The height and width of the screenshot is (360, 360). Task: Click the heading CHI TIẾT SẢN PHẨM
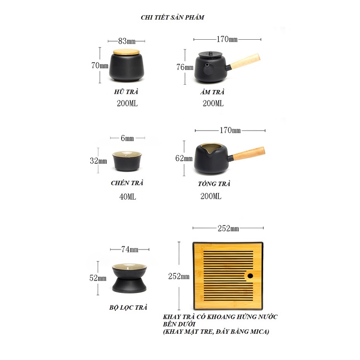[x=172, y=17]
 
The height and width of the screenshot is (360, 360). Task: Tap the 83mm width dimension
[x=127, y=41]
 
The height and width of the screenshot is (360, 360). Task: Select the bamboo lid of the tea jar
[x=126, y=52]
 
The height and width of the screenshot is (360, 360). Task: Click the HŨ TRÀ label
[x=126, y=92]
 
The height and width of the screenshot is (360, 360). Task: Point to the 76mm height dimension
[x=185, y=67]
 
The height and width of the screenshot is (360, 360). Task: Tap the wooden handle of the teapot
[x=245, y=61]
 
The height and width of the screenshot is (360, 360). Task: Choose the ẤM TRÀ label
[x=212, y=92]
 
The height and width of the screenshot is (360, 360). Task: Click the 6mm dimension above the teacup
[x=127, y=138]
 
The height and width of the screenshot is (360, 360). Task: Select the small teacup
[x=127, y=161]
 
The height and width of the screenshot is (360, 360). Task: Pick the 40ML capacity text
[x=127, y=197]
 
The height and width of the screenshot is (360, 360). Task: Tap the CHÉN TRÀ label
[x=127, y=183]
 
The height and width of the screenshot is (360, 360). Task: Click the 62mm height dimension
[x=184, y=158]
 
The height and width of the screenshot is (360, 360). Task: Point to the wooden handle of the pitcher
[x=249, y=153]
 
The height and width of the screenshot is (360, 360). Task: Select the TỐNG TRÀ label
[x=214, y=184]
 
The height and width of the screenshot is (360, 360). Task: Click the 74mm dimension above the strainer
[x=130, y=249]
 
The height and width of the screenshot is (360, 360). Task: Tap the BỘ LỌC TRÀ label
[x=128, y=307]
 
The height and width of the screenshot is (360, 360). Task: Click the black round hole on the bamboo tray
[x=250, y=276]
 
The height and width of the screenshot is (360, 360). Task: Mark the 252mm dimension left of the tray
[x=179, y=276]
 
